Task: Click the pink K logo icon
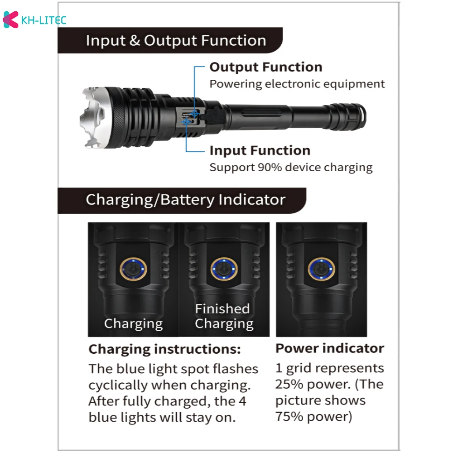[10, 19]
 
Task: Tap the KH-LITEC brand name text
[44, 20]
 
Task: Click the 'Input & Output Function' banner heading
[176, 40]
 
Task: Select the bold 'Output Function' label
[266, 67]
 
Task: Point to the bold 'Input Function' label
[260, 150]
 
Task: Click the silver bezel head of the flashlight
[96, 118]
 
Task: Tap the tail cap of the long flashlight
[348, 117]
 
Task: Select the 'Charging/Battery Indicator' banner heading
[185, 200]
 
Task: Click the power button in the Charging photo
[133, 269]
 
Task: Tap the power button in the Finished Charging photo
[224, 269]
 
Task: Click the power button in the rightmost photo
[321, 269]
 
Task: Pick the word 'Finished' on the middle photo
[222, 308]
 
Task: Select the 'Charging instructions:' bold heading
[165, 349]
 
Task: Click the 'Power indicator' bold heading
[330, 348]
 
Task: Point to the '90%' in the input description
[270, 167]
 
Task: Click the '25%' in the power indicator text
[289, 385]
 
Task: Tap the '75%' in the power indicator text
[289, 417]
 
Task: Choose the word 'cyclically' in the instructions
[118, 386]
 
